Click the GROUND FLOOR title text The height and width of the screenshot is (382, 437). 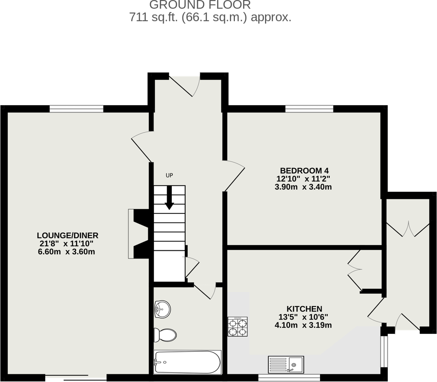tap(200, 5)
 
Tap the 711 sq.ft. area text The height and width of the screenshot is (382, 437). tap(210, 18)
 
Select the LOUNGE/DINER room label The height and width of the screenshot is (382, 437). tap(68, 235)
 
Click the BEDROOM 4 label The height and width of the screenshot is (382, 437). tap(304, 171)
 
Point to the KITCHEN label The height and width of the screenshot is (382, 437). tap(304, 308)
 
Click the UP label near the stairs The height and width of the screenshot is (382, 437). tap(169, 175)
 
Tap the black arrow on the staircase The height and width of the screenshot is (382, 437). tap(169, 198)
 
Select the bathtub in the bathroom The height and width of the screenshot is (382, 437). tap(187, 362)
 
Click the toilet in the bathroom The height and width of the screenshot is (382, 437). tap(165, 334)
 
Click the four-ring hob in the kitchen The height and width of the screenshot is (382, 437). tap(238, 327)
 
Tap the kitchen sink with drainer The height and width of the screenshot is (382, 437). tap(285, 365)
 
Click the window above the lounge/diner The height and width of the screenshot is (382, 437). tap(77, 109)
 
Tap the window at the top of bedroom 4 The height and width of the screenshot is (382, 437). tap(309, 109)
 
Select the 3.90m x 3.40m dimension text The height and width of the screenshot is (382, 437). tap(303, 187)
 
